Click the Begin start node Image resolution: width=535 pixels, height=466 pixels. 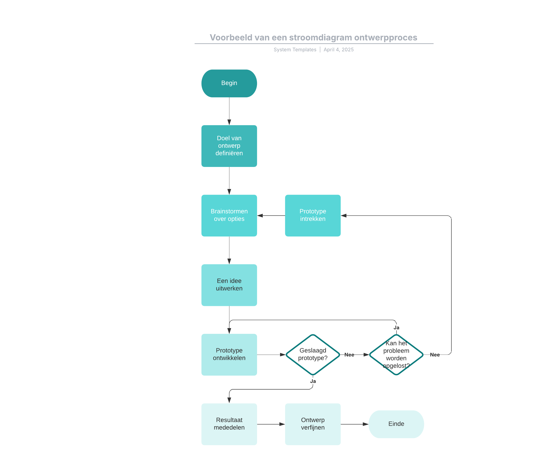(229, 83)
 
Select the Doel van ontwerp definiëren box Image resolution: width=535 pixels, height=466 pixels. (229, 146)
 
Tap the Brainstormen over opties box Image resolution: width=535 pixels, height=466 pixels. (229, 216)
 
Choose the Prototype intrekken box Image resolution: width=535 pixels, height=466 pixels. (313, 216)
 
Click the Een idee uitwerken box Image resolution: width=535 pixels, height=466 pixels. (229, 285)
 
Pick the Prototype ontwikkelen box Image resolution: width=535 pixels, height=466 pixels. (229, 355)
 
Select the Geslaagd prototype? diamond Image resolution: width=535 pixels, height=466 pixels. (313, 355)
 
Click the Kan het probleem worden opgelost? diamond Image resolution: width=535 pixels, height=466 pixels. (396, 355)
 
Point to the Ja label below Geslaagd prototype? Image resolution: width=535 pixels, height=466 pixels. (313, 381)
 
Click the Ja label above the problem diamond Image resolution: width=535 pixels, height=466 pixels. (396, 328)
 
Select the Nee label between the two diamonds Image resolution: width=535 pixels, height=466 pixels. (349, 355)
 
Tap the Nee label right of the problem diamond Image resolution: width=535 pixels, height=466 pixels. (435, 355)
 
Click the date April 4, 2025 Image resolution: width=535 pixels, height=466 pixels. (339, 50)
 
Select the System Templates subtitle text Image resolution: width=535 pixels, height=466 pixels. (295, 50)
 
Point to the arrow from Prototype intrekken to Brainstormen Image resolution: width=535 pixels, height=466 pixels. (271, 216)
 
